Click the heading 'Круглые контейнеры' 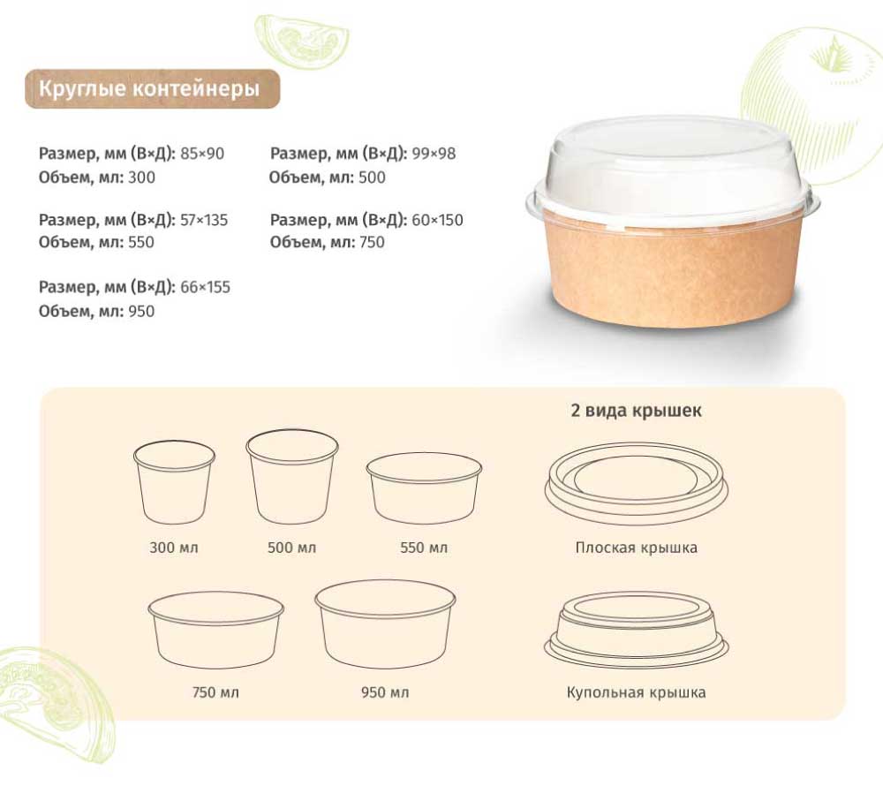point(149,88)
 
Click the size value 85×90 point(202,153)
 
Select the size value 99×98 point(434,153)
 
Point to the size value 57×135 point(204,220)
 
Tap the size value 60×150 point(437,220)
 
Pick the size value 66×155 point(205,287)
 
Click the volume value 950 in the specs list point(140,312)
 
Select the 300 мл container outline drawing point(175,482)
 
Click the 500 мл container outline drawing point(292,477)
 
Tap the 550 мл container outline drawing point(424,487)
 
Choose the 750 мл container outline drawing point(215,630)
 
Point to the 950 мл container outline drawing point(385,624)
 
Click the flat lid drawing point(637,484)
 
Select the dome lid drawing point(637,630)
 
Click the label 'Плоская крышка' point(637,548)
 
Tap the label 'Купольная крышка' point(637,692)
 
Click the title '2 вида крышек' point(637,410)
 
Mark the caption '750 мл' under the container point(215,692)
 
